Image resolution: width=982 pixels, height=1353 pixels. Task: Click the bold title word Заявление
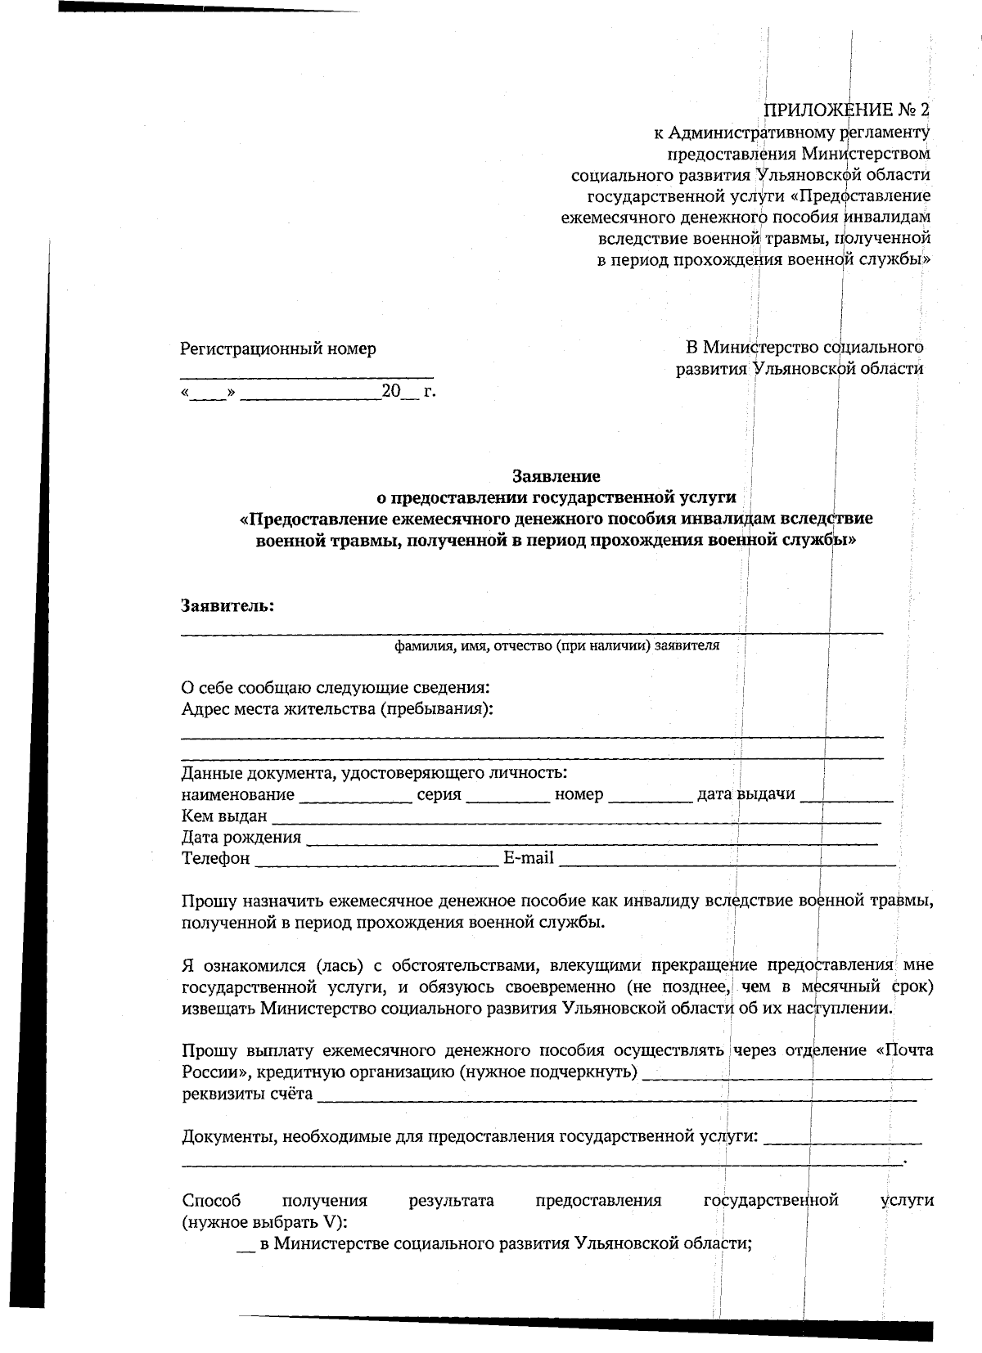(x=556, y=475)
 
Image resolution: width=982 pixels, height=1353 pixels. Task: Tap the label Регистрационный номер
(x=278, y=349)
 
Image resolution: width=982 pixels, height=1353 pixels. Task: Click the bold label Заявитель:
(x=227, y=606)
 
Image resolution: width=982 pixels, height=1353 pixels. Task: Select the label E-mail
(x=528, y=858)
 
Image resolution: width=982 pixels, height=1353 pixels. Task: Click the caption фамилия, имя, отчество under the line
(x=556, y=645)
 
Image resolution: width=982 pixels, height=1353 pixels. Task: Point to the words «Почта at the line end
(x=904, y=1050)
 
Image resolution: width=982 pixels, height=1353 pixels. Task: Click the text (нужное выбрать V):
(x=264, y=1222)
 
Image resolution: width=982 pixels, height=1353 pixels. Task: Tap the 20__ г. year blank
(x=410, y=392)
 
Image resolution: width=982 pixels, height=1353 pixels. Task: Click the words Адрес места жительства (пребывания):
(x=337, y=708)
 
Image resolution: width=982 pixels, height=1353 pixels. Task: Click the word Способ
(x=211, y=1201)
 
